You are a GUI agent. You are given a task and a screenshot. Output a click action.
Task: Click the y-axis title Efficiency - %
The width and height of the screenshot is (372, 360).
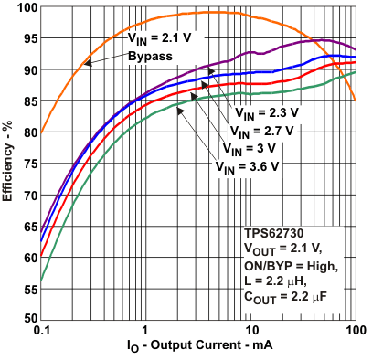click(9, 164)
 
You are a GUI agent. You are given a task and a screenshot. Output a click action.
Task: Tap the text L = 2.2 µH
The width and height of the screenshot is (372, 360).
click(278, 280)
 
